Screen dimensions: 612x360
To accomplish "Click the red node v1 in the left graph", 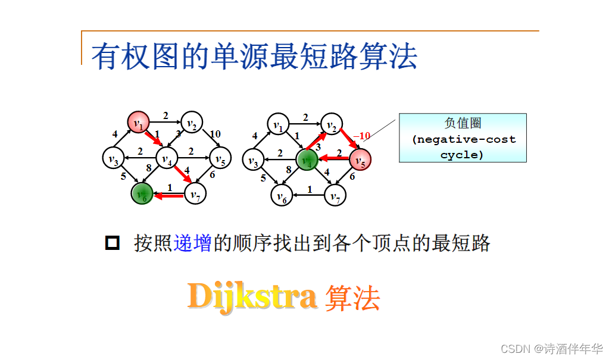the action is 139,123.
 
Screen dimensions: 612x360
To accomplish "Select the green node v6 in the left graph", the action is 142,193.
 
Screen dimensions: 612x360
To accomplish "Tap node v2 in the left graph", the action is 192,123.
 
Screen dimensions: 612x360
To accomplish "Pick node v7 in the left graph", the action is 195,193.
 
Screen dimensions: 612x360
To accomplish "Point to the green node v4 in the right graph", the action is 307,160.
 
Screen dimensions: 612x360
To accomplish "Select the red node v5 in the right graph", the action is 360,160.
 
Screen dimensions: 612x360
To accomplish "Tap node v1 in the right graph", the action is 278,125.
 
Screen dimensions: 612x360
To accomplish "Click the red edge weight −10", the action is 362,136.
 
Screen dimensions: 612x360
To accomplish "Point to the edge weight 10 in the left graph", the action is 216,134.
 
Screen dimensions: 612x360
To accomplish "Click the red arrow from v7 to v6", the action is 168,194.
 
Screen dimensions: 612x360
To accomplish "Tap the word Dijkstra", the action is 252,296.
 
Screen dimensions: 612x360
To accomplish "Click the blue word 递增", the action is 193,243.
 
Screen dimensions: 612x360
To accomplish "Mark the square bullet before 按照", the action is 112,243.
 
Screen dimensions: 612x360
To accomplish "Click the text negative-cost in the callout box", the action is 464,140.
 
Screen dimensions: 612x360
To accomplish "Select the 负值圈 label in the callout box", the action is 463,123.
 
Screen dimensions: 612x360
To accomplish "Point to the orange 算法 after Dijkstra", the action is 352,298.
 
